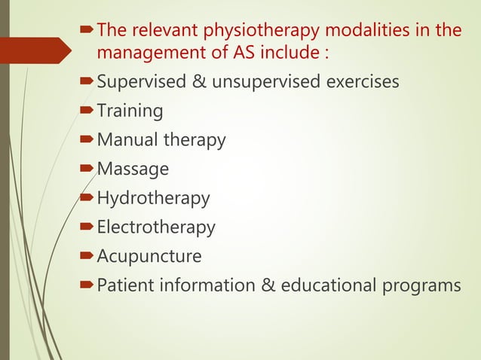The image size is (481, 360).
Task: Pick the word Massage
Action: (133, 169)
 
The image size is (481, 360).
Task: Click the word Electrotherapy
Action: (156, 227)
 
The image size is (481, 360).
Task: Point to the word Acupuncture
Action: (149, 256)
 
